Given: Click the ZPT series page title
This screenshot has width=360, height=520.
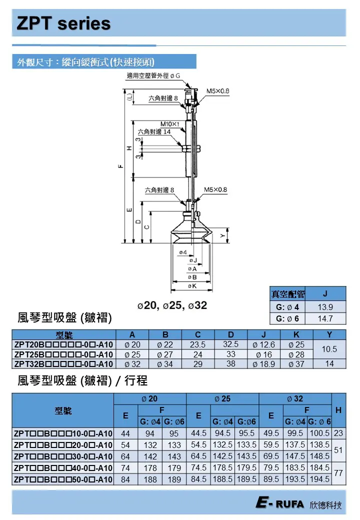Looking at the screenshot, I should (63, 23).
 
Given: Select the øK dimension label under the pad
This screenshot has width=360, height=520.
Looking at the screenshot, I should (192, 285).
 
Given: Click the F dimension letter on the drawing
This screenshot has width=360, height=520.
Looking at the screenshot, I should (120, 167).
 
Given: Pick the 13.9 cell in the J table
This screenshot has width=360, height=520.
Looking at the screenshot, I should (325, 307).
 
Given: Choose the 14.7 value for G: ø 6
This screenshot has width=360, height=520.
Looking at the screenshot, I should (325, 318).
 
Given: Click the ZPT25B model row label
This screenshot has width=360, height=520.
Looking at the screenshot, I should (63, 354).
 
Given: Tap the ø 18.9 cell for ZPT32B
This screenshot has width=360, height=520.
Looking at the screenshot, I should (263, 364).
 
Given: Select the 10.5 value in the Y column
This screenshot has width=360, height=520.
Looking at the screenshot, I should (329, 349).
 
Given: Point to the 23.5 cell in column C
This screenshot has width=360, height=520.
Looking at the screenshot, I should (198, 345).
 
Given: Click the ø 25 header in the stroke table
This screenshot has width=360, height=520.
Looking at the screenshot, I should (222, 398).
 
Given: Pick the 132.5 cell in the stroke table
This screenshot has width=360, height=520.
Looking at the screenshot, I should (222, 445).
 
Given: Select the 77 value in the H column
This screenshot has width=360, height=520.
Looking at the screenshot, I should (338, 473).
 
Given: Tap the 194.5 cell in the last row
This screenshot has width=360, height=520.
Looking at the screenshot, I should (319, 479).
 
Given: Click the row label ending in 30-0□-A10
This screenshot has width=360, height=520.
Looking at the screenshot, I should (63, 456).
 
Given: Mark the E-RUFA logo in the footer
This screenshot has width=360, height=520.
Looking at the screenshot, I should (279, 504).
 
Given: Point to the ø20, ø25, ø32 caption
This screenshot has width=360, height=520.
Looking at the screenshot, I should (172, 305).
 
